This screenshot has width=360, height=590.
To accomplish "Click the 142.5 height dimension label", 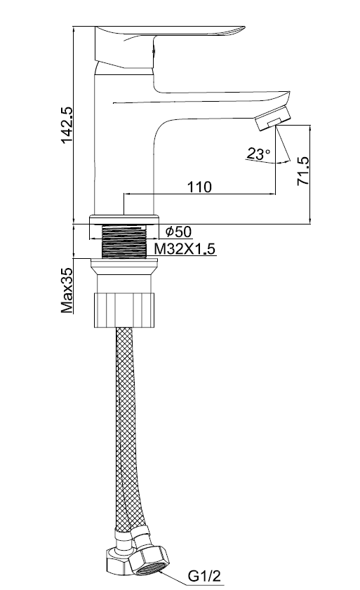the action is coord(67,125).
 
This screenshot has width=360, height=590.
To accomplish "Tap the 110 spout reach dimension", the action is coord(199,187).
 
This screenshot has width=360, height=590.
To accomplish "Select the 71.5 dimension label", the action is coord(302,171).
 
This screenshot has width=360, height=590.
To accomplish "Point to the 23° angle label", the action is coord(258,154).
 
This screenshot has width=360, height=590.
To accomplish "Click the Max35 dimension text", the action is coord(67,290).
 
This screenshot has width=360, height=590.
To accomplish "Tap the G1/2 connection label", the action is coord(204,576).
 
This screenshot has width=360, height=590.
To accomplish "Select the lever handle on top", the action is coord(166,41).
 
